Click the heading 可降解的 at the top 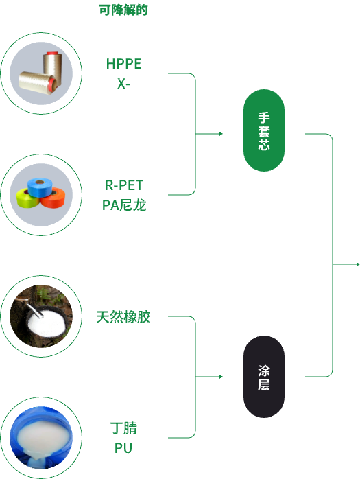(x=123, y=10)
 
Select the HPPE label (x=123, y=64)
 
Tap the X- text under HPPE (x=123, y=84)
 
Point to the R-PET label (x=124, y=185)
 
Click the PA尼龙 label (x=124, y=205)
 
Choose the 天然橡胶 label (x=123, y=317)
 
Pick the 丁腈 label (x=123, y=428)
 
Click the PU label (x=123, y=448)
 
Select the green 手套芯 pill (x=264, y=130)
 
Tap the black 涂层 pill (x=264, y=377)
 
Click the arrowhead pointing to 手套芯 (x=221, y=134)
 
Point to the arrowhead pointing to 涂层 (x=221, y=377)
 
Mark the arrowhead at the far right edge (x=358, y=264)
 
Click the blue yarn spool (x=40, y=187)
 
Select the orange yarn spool (x=53, y=198)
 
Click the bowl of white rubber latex (x=47, y=323)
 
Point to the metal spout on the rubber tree (x=34, y=309)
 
